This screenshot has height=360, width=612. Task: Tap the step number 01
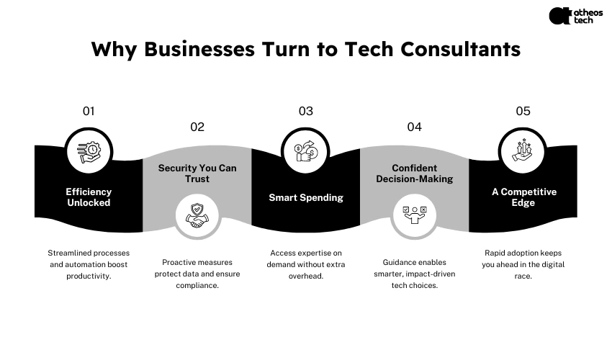tap(89, 111)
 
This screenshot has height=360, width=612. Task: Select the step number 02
tap(197, 127)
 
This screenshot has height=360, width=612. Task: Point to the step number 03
tap(306, 111)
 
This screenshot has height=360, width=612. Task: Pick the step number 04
tap(414, 127)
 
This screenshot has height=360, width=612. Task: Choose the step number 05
tap(523, 111)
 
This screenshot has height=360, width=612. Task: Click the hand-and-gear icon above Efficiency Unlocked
tap(89, 152)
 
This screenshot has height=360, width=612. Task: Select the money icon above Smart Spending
tap(306, 152)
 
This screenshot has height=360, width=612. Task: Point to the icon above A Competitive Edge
tap(523, 152)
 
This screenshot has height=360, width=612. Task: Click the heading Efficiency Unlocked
tap(89, 197)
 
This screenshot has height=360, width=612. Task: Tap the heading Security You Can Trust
tap(197, 174)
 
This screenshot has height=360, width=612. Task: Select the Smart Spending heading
tap(306, 197)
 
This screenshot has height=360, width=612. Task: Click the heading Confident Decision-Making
tap(414, 174)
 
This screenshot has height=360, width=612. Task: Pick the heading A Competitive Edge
tap(524, 197)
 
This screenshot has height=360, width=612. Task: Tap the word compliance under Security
tap(197, 285)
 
